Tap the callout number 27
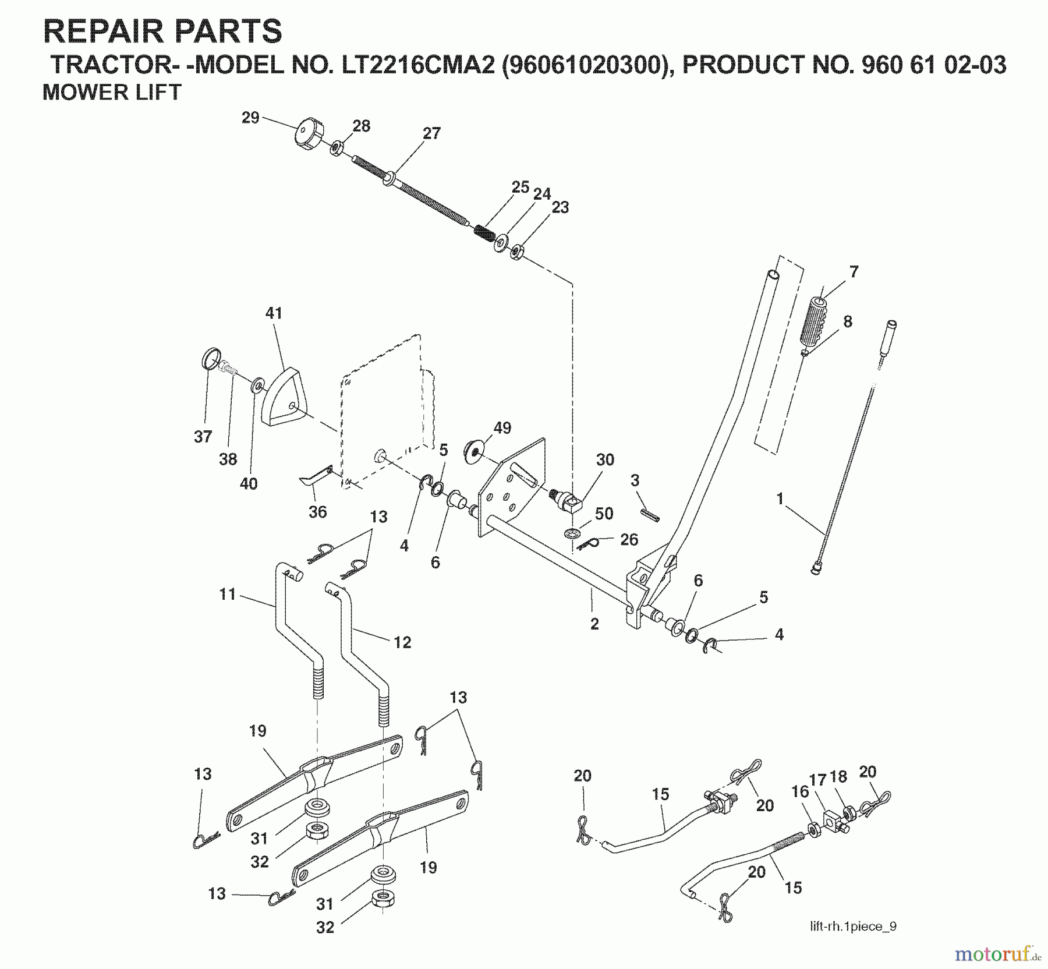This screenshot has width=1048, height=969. click(431, 133)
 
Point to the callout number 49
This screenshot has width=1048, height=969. click(502, 428)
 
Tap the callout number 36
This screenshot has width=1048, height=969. click(317, 512)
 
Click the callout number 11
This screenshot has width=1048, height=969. click(227, 594)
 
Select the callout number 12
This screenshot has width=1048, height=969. click(402, 642)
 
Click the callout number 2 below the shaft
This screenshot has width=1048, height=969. click(594, 624)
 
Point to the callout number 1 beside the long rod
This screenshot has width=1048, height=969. click(780, 498)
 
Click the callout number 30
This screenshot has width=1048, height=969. click(605, 459)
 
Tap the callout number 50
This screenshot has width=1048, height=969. click(604, 514)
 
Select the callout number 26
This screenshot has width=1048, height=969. click(629, 539)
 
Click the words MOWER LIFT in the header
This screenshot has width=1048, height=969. click(112, 93)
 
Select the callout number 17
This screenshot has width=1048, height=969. click(817, 779)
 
